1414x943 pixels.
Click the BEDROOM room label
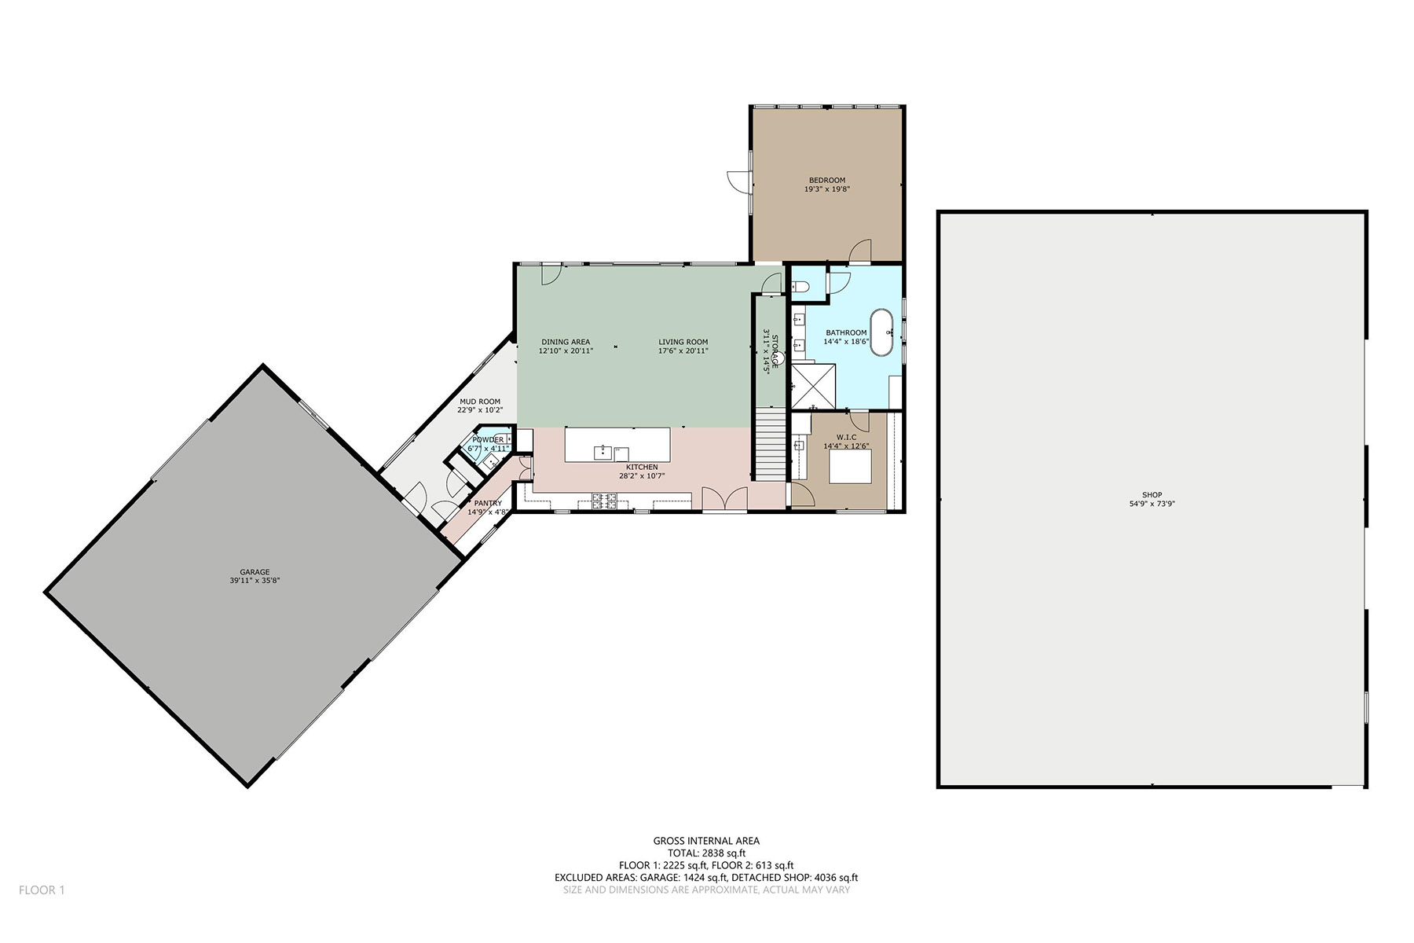(827, 180)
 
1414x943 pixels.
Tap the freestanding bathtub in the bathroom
(883, 333)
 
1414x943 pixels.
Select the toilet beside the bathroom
(800, 288)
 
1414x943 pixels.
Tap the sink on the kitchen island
(603, 451)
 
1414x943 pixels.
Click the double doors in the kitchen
(724, 499)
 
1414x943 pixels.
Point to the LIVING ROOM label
(683, 342)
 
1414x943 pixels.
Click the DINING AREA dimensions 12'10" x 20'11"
(566, 351)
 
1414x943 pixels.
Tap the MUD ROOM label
(480, 402)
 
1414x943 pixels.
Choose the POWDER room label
(488, 440)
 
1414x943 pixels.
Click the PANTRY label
(488, 503)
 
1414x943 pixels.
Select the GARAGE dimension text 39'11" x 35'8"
(255, 581)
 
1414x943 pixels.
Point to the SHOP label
(1152, 495)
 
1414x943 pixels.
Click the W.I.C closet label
(846, 437)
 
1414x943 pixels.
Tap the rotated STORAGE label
(775, 350)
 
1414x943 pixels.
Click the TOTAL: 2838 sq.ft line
(706, 853)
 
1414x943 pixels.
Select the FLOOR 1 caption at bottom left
(42, 890)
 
